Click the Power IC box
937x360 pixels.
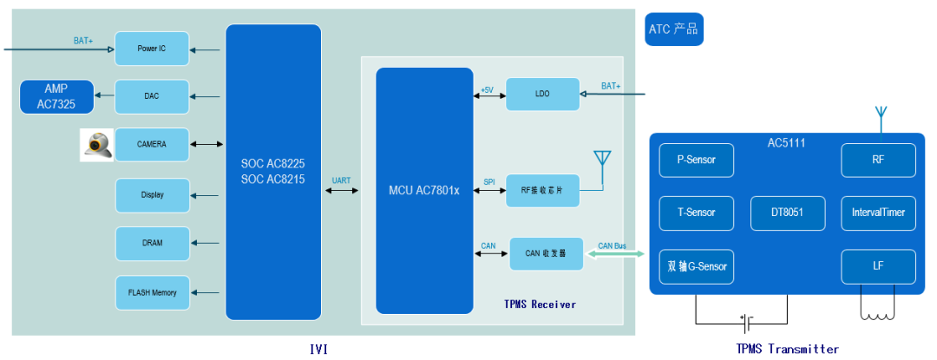[152, 49]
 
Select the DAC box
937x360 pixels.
[152, 96]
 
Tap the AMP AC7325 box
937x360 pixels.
[56, 96]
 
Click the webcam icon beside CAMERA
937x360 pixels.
[96, 145]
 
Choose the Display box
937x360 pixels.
[152, 195]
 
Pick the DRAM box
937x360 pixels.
[152, 243]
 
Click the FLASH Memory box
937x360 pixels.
[152, 292]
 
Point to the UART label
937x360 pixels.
[342, 181]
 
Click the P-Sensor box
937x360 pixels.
[696, 160]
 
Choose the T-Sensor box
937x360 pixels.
[696, 213]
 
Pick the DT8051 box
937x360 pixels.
[788, 213]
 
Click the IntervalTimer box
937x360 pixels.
[879, 213]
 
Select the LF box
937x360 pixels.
[879, 266]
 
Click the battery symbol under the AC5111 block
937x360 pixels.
[744, 321]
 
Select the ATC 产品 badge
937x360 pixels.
[673, 29]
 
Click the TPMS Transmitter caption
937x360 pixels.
[787, 349]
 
